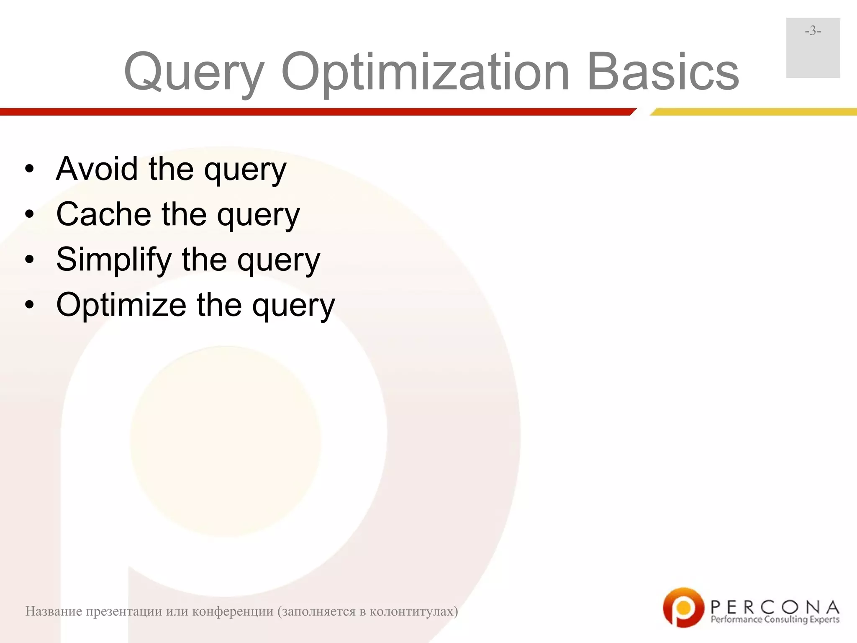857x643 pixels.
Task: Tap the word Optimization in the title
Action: pos(425,72)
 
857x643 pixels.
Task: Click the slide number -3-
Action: pos(813,31)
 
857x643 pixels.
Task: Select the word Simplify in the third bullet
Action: pos(113,259)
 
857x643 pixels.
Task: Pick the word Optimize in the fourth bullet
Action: pos(121,304)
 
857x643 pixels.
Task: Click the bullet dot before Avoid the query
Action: pos(29,170)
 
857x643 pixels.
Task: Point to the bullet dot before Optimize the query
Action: pos(29,305)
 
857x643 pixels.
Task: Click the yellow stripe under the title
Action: pos(753,112)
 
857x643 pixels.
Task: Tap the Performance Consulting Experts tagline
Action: pos(775,620)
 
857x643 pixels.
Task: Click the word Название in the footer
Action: pos(54,612)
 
